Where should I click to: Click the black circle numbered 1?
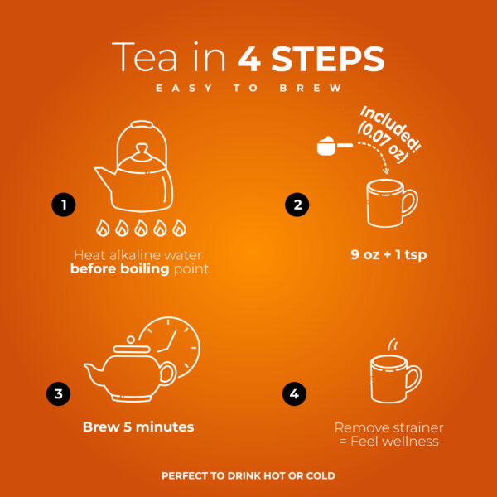coord(64,205)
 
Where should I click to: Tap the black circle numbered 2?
coord(297,205)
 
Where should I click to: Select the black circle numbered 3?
coord(59,394)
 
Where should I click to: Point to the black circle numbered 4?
coord(294,394)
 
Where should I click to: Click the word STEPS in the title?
coord(328,59)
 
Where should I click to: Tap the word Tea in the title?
coord(144,57)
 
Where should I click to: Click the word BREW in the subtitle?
coord(311,88)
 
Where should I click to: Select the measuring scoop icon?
coord(335,146)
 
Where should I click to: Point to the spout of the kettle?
coord(104,178)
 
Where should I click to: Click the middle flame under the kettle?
coord(141,228)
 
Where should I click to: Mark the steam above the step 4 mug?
coord(393,344)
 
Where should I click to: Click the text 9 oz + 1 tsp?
coord(388,255)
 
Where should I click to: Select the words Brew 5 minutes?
coord(138,427)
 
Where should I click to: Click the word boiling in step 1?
coord(144,269)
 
